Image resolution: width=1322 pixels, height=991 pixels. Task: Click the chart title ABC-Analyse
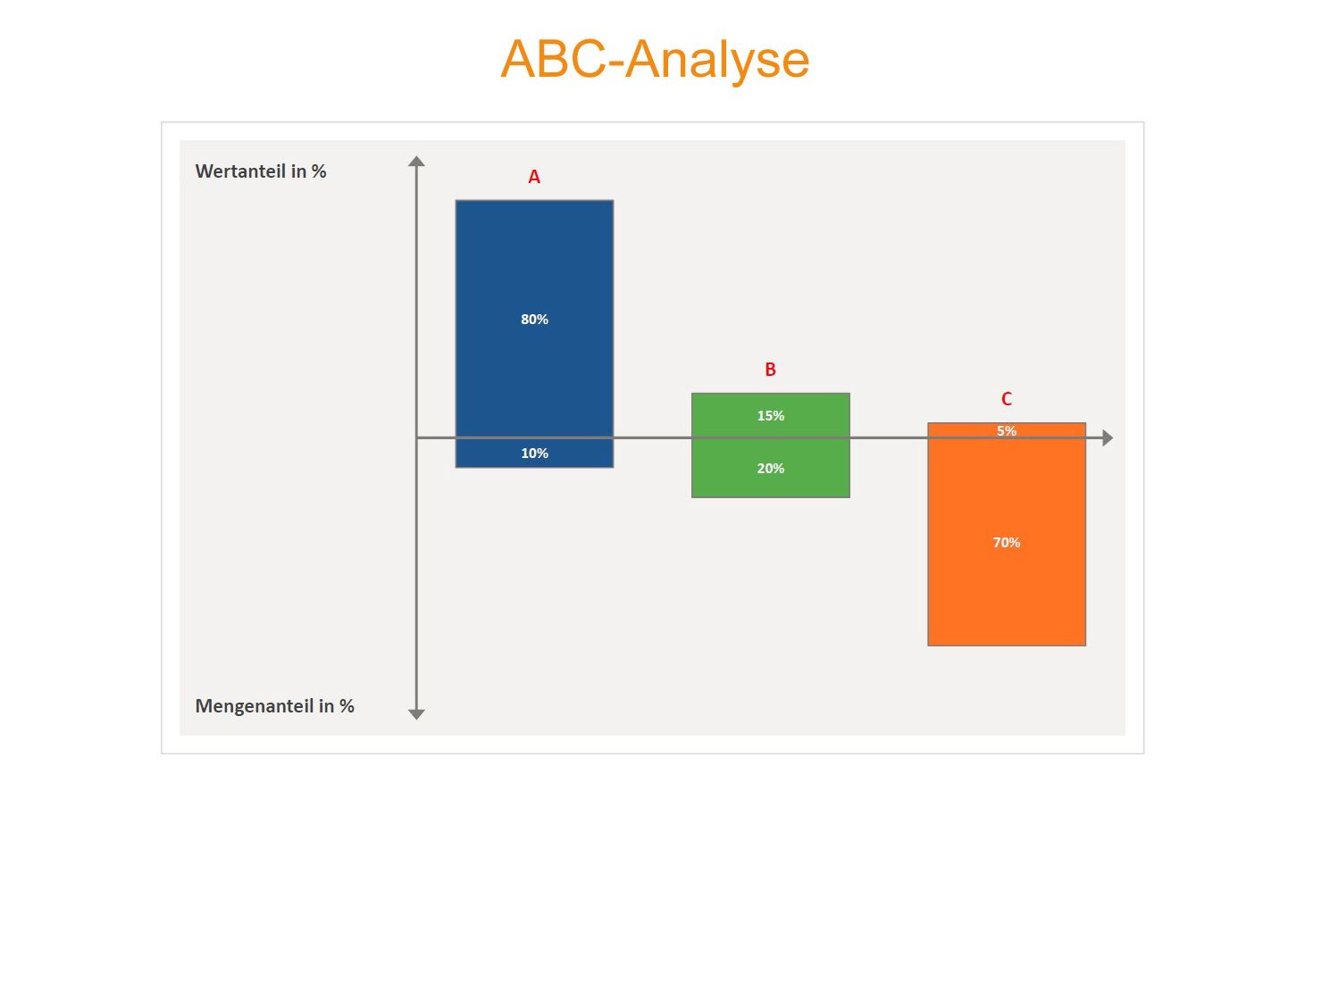tap(655, 60)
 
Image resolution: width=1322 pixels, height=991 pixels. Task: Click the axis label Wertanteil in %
tap(261, 171)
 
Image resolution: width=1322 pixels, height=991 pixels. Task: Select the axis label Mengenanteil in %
tap(274, 706)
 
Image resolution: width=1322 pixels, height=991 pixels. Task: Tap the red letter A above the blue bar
tap(534, 177)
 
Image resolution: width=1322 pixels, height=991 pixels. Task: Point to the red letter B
tap(770, 370)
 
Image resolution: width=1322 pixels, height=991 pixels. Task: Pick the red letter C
tap(1007, 399)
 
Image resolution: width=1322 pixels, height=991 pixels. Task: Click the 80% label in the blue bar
tap(534, 320)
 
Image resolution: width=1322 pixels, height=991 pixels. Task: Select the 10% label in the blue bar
tap(534, 454)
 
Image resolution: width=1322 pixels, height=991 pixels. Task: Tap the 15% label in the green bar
tap(770, 416)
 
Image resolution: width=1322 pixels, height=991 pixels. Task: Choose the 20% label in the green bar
tap(770, 469)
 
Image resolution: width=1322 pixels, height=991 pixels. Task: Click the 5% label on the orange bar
tap(1007, 431)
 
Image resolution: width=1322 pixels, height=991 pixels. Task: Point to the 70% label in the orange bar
tap(1007, 543)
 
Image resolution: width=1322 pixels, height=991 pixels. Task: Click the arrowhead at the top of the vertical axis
tap(417, 162)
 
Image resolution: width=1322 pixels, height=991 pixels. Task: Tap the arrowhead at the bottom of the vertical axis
tap(417, 715)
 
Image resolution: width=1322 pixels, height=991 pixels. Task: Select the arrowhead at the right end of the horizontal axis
tap(1108, 438)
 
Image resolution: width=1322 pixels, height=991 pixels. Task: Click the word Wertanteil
tap(240, 171)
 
